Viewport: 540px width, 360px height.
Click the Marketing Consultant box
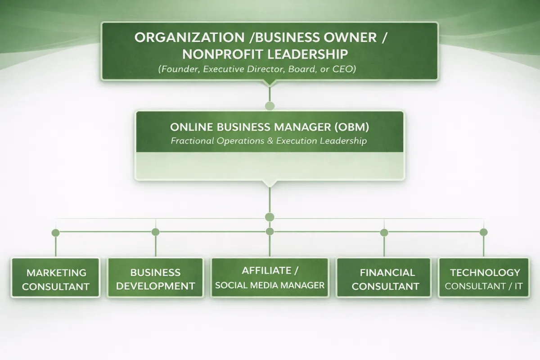[x=55, y=278]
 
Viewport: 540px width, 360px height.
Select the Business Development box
[x=155, y=278]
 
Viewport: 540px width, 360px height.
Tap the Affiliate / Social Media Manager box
[x=270, y=278]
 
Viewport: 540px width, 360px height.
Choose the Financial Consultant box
[x=384, y=278]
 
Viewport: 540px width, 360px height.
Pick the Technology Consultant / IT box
[x=484, y=278]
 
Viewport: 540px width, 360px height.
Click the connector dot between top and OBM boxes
[x=270, y=106]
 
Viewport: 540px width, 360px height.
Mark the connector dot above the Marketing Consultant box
[x=55, y=233]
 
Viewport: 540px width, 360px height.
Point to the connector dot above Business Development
[x=155, y=232]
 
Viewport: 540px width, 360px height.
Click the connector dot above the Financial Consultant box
[x=384, y=233]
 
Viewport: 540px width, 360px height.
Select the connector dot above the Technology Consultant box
[x=484, y=232]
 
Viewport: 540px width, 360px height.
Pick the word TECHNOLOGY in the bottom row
[x=485, y=272]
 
